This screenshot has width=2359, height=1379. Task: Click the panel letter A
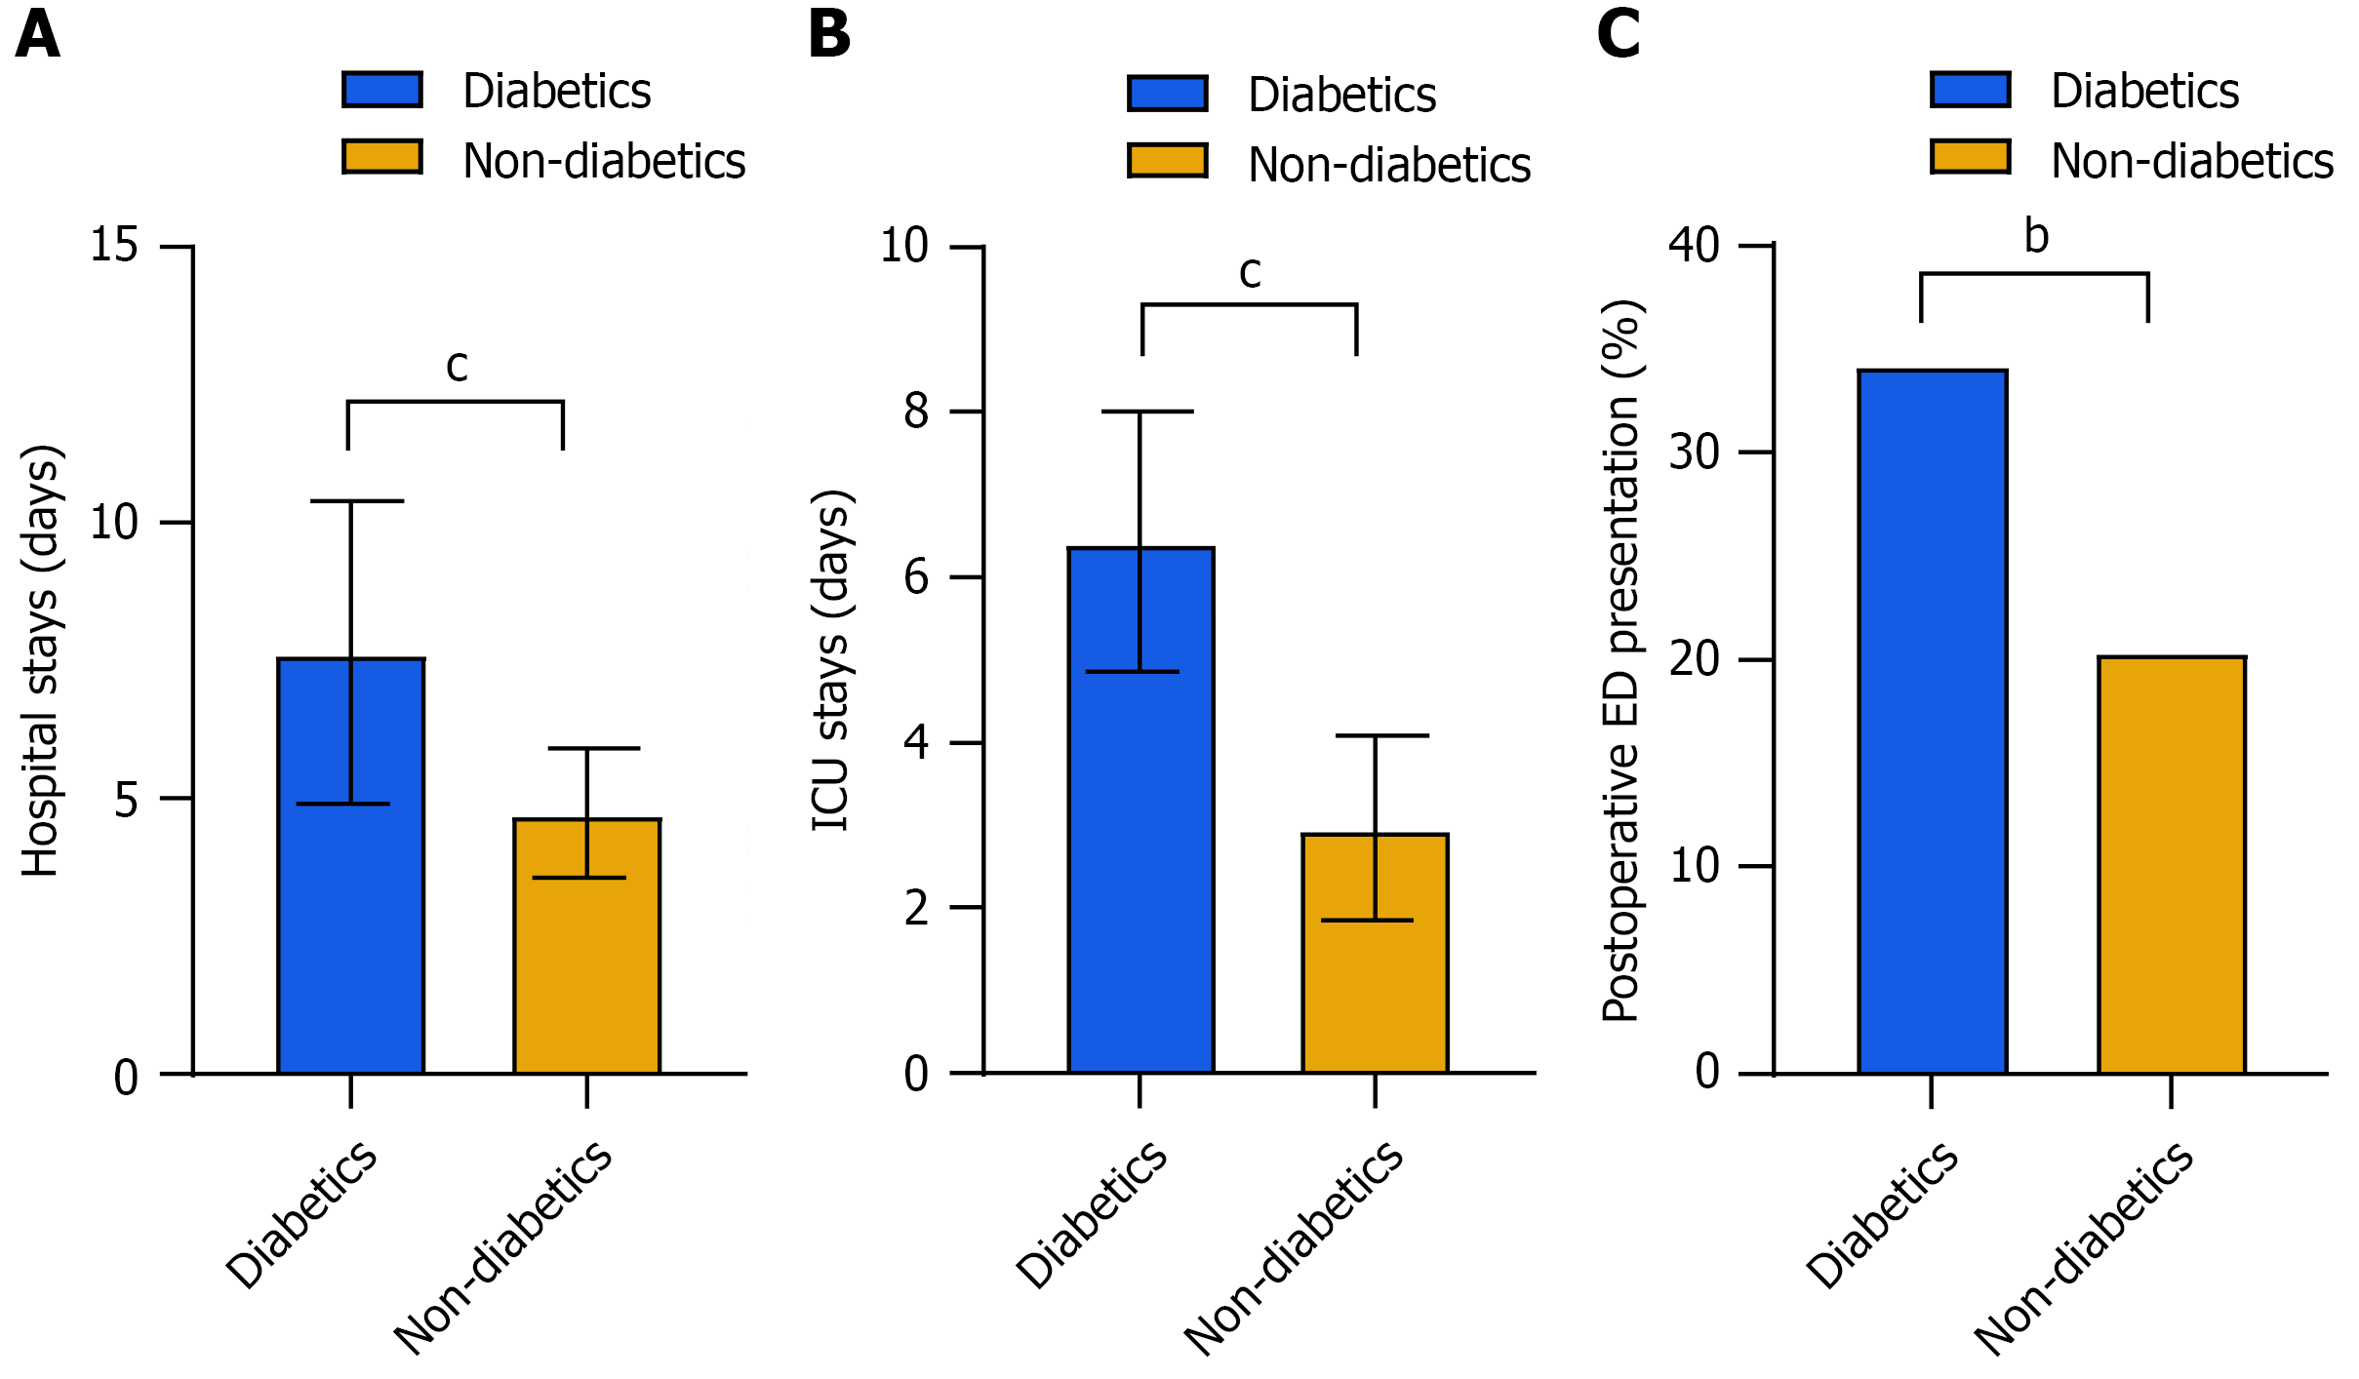pos(38,35)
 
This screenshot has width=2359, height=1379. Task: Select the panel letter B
pos(829,35)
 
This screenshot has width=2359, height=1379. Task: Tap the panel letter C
pos(1619,35)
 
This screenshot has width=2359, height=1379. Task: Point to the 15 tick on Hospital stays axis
pos(114,245)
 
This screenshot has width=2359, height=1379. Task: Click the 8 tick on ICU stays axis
pos(916,412)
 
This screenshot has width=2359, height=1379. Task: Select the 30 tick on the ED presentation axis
pos(1694,453)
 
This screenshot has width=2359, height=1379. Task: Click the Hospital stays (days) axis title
pos(41,661)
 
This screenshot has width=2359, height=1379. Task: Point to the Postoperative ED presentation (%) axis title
pos(1621,661)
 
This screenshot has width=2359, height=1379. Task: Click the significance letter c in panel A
pos(457,367)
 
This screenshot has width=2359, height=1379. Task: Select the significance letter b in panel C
pos(2036,237)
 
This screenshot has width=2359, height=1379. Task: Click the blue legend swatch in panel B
pos(1168,94)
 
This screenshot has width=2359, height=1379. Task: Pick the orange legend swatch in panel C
pos(1971,157)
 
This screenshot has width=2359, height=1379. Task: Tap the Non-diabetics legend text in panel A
pos(604,161)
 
